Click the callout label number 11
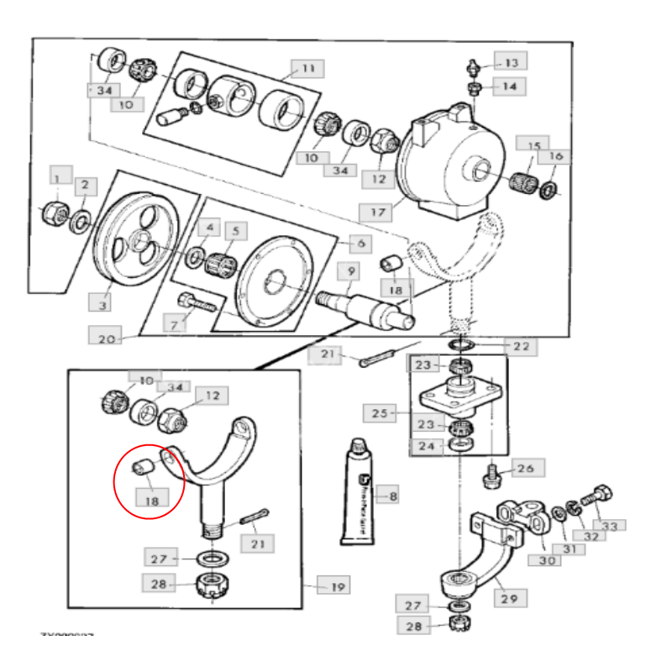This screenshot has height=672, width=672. (x=308, y=68)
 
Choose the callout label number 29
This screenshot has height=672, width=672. (x=513, y=597)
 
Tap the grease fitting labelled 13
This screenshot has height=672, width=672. (x=473, y=66)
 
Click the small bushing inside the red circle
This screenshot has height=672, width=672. (x=143, y=465)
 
